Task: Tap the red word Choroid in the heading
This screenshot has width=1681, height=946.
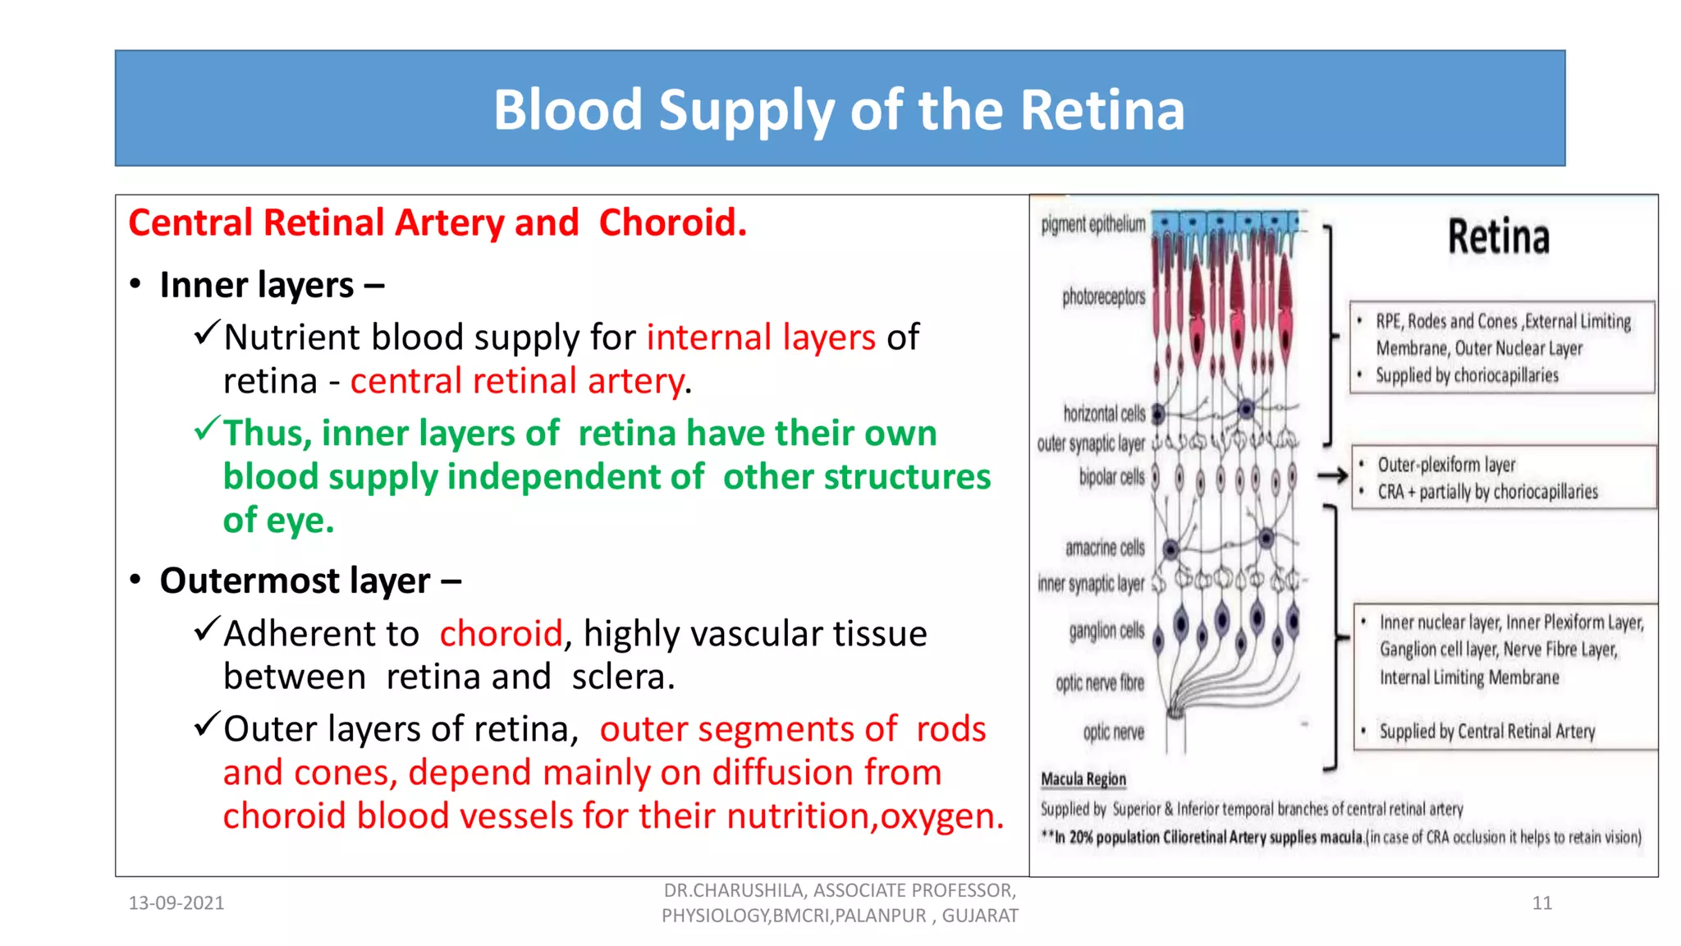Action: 671,223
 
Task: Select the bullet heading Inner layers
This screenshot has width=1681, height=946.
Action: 256,285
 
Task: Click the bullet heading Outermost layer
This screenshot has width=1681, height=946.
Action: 294,581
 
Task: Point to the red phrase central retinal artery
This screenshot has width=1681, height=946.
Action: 517,381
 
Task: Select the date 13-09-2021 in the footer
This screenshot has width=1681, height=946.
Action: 176,903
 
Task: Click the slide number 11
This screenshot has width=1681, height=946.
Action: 1541,903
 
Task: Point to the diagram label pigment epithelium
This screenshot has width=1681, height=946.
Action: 1092,224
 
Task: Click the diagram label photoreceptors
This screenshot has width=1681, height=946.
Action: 1103,296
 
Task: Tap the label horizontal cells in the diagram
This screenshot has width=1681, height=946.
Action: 1103,413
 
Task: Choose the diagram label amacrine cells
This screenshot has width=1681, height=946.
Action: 1104,548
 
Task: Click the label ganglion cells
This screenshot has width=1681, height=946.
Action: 1106,631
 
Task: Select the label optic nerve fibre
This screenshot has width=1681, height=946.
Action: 1099,683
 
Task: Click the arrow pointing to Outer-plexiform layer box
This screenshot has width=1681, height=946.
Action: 1332,475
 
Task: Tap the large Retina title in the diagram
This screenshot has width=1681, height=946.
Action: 1498,237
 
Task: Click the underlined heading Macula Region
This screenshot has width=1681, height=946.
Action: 1083,778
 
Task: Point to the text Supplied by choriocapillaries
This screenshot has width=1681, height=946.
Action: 1466,375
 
